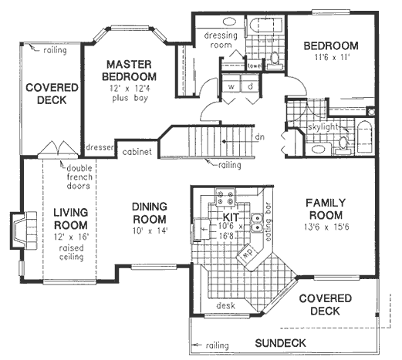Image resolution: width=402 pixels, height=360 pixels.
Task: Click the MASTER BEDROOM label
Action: click(131, 70)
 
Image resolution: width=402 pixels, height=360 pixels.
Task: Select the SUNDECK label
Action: click(280, 342)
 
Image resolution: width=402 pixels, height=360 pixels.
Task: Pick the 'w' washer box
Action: click(231, 86)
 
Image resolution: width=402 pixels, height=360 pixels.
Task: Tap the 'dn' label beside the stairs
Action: click(259, 137)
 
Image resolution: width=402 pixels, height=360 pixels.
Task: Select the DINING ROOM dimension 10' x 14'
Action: click(150, 230)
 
